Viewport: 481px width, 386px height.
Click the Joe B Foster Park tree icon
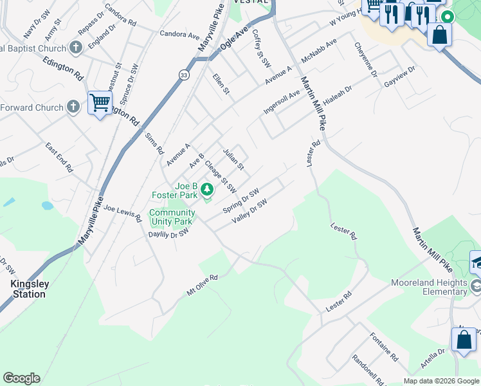tap(206, 189)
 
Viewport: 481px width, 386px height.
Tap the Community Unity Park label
tap(172, 217)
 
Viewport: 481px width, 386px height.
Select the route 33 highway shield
tap(185, 75)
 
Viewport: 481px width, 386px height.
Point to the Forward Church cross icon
tap(74, 107)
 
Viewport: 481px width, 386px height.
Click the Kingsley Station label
tap(29, 289)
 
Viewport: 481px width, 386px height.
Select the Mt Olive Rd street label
tap(203, 286)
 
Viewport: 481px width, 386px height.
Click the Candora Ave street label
tap(179, 34)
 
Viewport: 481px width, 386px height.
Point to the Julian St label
tap(233, 160)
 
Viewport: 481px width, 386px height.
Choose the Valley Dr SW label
tap(250, 210)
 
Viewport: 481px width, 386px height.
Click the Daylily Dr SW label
tap(168, 234)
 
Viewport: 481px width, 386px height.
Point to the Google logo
tap(21, 378)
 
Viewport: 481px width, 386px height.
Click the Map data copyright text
tap(441, 381)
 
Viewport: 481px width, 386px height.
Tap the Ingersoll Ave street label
tap(282, 102)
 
